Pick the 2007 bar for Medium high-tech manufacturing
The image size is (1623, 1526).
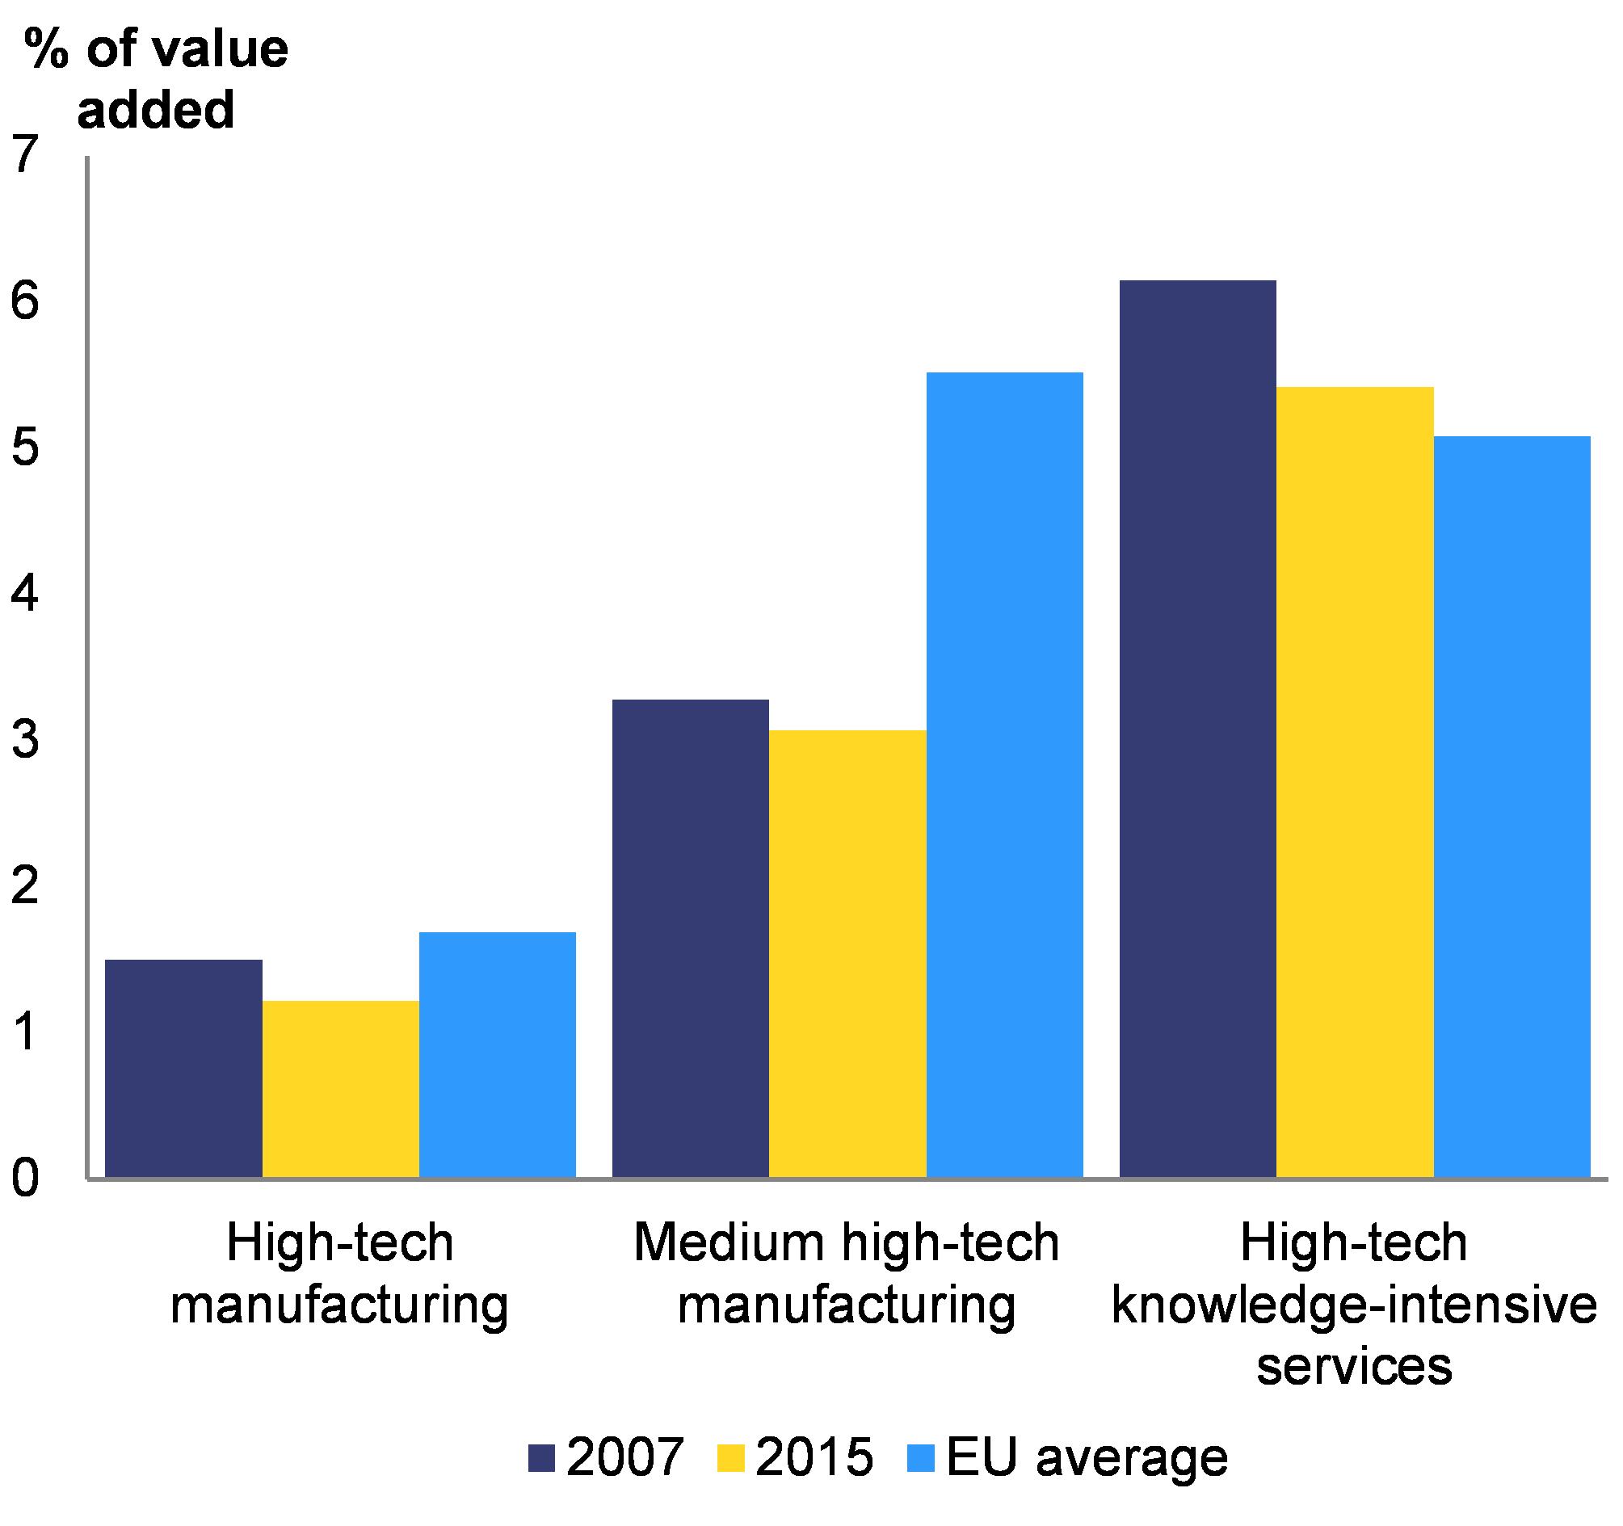pyautogui.click(x=690, y=938)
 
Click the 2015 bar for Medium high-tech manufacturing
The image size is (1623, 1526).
pyautogui.click(x=847, y=952)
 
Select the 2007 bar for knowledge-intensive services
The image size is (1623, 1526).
pyautogui.click(x=1196, y=729)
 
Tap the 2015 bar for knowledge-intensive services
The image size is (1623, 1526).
pyautogui.click(x=1355, y=781)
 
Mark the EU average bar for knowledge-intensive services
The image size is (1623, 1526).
pyautogui.click(x=1512, y=807)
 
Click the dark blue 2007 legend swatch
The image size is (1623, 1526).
pyautogui.click(x=541, y=1458)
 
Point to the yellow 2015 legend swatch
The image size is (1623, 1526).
pyautogui.click(x=731, y=1458)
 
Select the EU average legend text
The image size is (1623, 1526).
pyautogui.click(x=1087, y=1457)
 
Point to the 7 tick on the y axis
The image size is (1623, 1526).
pyautogui.click(x=26, y=154)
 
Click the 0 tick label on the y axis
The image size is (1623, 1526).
pyautogui.click(x=26, y=1179)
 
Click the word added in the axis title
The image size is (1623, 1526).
pyautogui.click(x=155, y=109)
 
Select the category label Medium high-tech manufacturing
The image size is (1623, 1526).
pyautogui.click(x=847, y=1273)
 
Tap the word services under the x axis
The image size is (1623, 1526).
pyautogui.click(x=1355, y=1365)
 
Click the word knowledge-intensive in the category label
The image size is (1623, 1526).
pyautogui.click(x=1355, y=1304)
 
